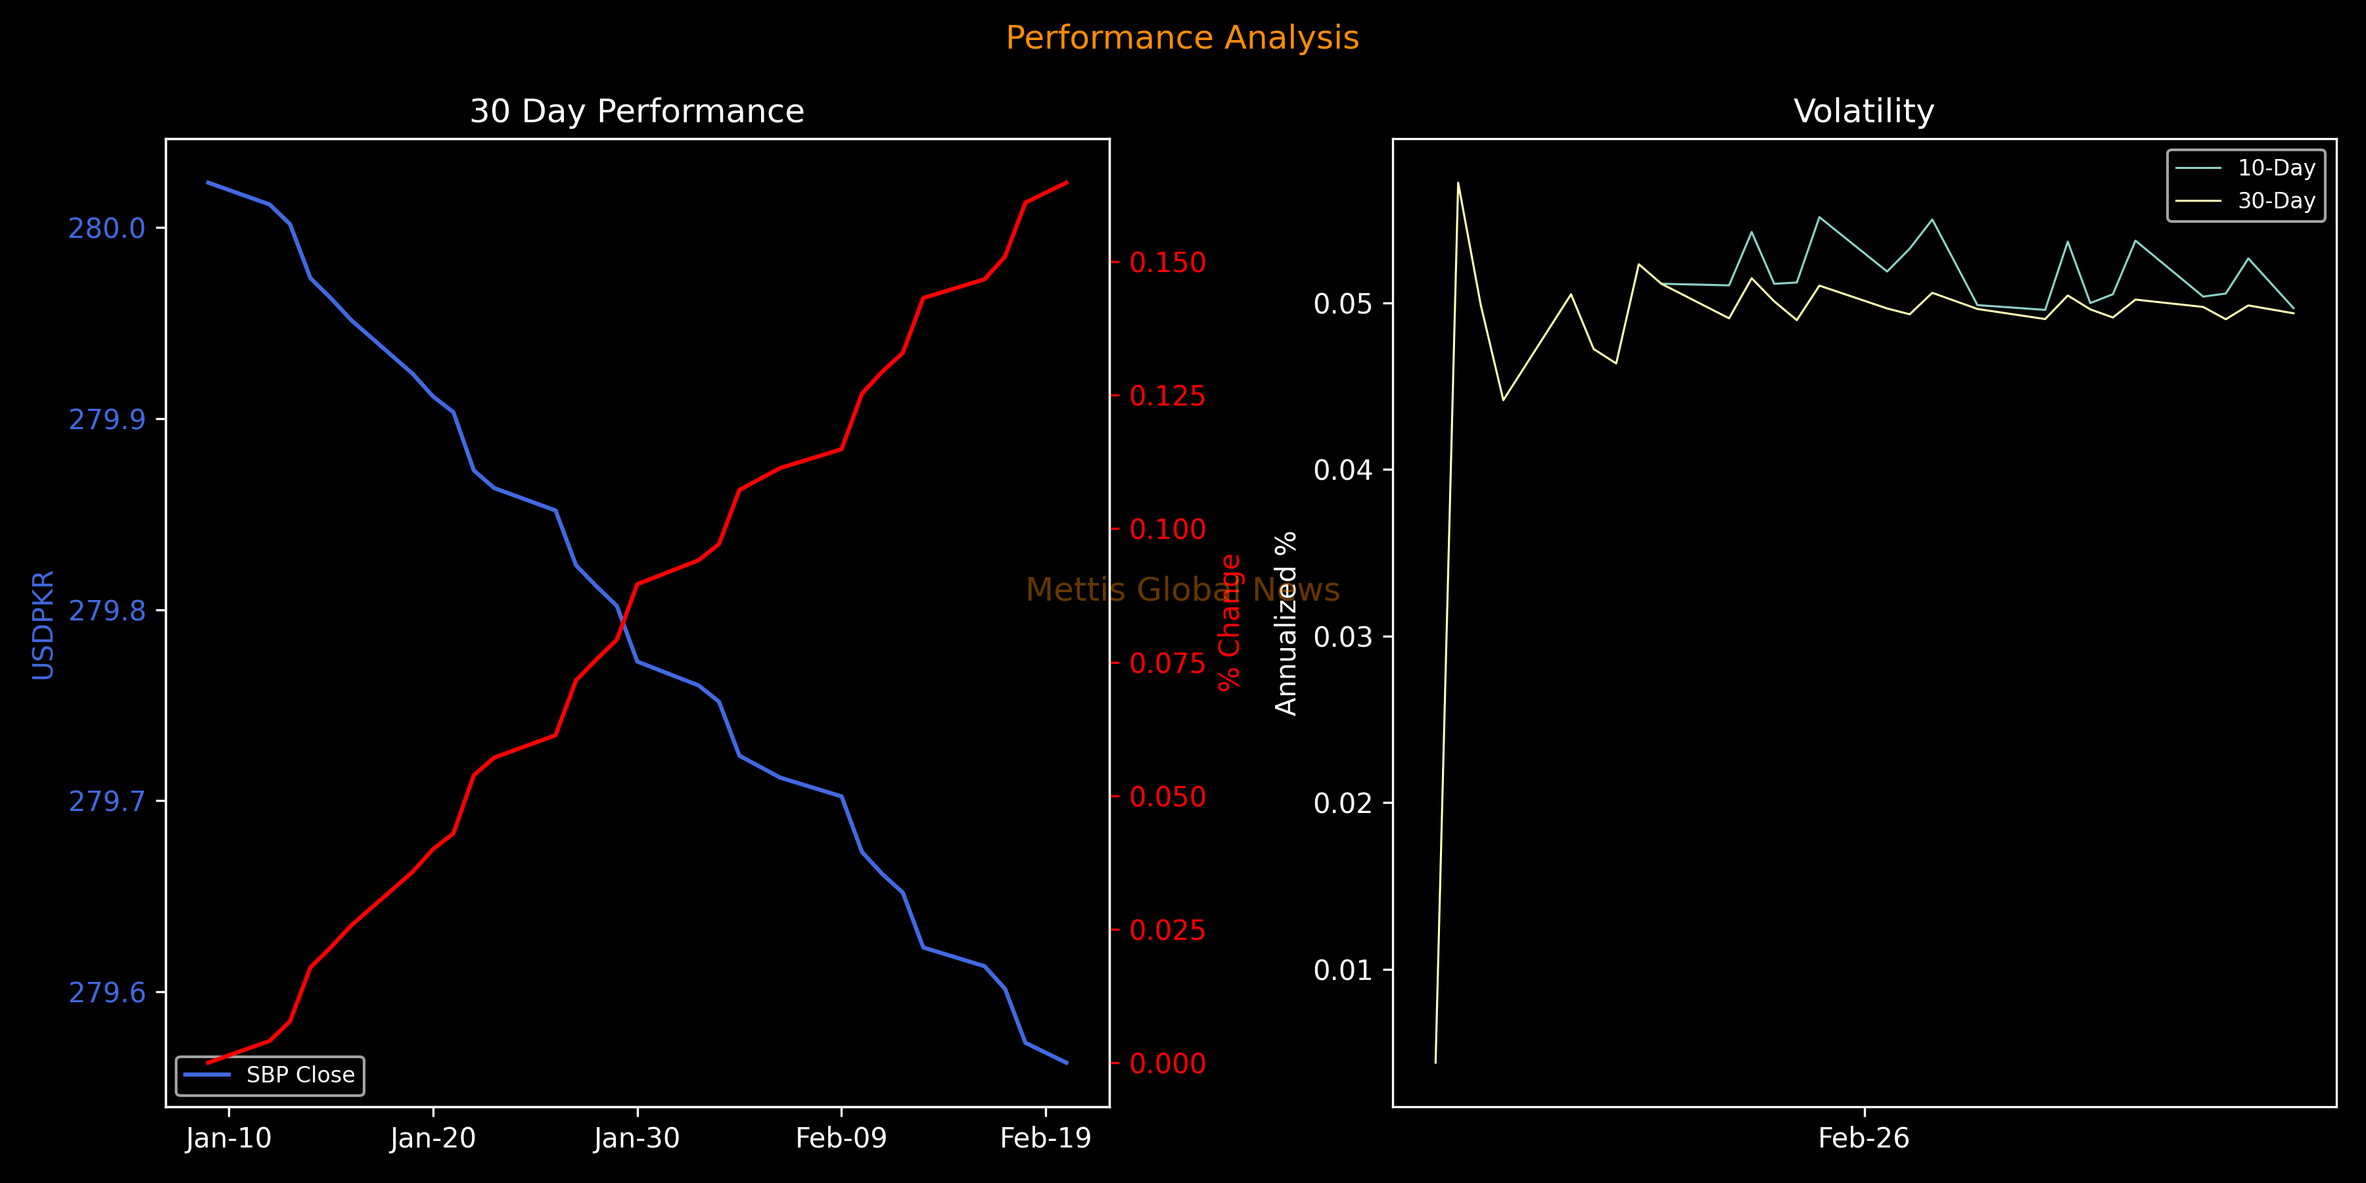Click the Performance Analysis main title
(1182, 37)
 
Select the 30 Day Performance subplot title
(636, 111)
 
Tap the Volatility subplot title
(1864, 111)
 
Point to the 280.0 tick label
(108, 228)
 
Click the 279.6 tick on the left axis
(108, 993)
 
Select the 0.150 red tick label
(1167, 263)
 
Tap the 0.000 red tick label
(1167, 1063)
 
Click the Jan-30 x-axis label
(636, 1139)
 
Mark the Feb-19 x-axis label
(1045, 1139)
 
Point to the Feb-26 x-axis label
(1864, 1139)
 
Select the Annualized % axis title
(1286, 623)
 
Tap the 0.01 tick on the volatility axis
(1343, 970)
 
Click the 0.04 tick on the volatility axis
(1343, 471)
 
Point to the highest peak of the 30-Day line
(1458, 183)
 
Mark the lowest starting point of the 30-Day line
(1435, 1063)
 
